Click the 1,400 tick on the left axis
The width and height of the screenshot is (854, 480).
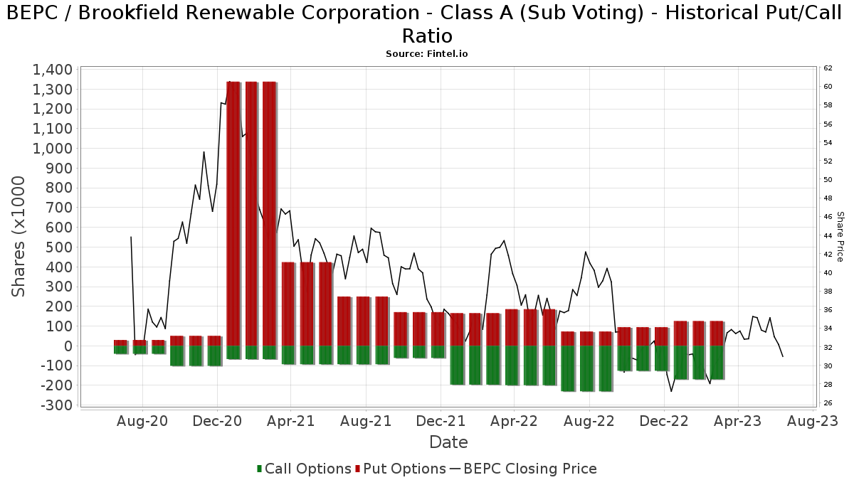52,70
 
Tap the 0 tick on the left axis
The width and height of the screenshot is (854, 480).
68,346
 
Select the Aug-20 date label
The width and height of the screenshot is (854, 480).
143,421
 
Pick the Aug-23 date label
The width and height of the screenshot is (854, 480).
812,421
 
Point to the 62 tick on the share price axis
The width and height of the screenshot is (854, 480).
828,68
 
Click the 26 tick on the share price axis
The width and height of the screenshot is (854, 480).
828,403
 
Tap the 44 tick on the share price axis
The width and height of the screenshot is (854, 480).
828,235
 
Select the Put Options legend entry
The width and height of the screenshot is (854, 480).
403,469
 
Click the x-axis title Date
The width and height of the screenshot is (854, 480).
448,442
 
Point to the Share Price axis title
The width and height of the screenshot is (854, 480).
840,236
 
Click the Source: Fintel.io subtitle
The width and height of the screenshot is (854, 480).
427,53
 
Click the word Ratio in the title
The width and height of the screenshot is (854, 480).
427,36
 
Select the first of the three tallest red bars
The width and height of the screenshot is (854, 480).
233,213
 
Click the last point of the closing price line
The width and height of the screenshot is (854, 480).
783,356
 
